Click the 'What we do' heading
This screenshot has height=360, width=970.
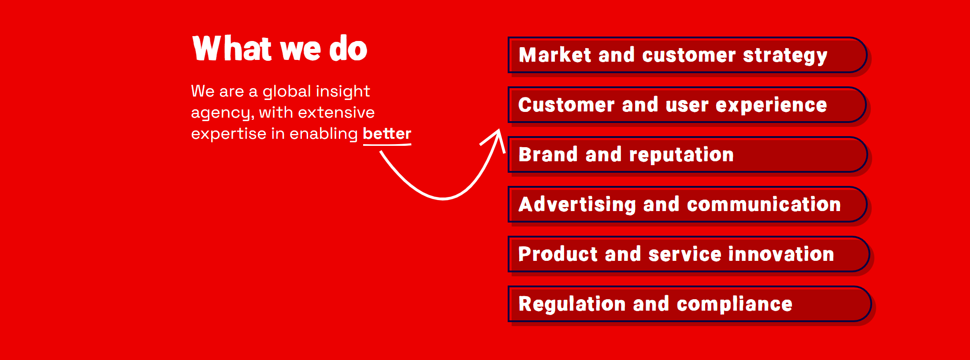pos(280,48)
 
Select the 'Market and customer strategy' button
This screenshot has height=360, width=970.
pos(688,55)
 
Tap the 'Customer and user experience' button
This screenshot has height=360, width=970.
pos(688,105)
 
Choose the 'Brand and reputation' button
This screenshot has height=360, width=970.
pos(688,155)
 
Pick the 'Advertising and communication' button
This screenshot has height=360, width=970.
pos(688,204)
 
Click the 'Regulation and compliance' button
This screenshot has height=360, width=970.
pos(690,304)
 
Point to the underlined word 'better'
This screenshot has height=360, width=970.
pos(387,134)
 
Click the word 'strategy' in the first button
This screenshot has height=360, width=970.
pos(785,56)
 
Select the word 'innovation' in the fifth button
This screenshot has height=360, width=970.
pos(781,254)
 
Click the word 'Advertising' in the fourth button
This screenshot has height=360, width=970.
pos(577,205)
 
